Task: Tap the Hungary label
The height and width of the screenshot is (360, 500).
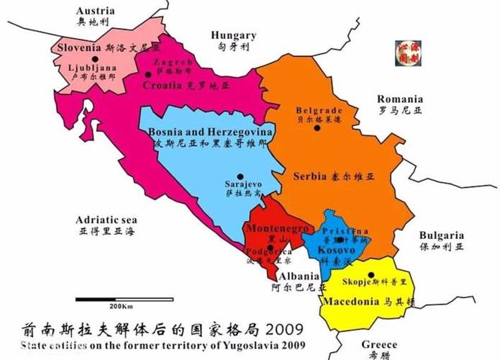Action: coord(234,35)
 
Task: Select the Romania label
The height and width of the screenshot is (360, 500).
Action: coord(399,99)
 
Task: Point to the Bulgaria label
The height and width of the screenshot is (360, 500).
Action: coord(442,235)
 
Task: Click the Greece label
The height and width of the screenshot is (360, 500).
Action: coord(379,344)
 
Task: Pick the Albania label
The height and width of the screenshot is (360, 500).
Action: coord(300,276)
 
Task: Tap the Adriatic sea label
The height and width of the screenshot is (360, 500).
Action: coord(107,220)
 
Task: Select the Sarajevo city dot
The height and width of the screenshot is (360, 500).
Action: coord(242,176)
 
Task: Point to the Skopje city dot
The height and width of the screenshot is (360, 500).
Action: coord(371,274)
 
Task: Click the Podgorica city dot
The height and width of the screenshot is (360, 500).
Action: coord(271,247)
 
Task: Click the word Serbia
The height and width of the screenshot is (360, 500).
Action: coord(311,176)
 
